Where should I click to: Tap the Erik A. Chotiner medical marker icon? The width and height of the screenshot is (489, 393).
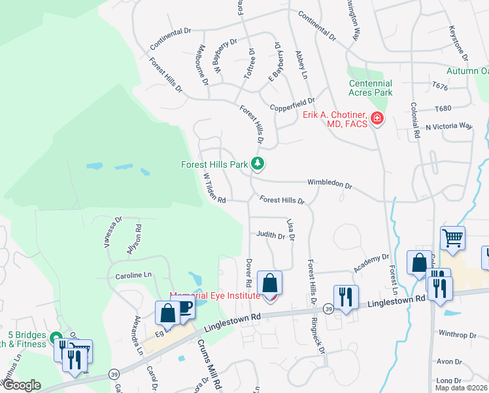(x=377, y=119)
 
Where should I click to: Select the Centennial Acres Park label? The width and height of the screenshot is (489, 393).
(x=371, y=88)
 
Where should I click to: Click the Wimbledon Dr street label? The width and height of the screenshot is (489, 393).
(x=329, y=184)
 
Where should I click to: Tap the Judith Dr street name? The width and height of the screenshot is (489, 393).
(x=271, y=234)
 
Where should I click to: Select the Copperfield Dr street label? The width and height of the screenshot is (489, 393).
(x=292, y=105)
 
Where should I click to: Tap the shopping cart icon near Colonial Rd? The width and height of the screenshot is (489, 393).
(x=452, y=238)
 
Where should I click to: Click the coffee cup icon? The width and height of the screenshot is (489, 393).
(x=184, y=307)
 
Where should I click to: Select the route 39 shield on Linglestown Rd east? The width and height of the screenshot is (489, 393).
(x=328, y=309)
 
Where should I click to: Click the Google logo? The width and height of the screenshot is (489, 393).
(x=22, y=384)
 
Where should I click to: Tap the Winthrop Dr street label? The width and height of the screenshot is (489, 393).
(x=458, y=335)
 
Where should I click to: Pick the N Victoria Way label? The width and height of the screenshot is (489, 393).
(x=448, y=126)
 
